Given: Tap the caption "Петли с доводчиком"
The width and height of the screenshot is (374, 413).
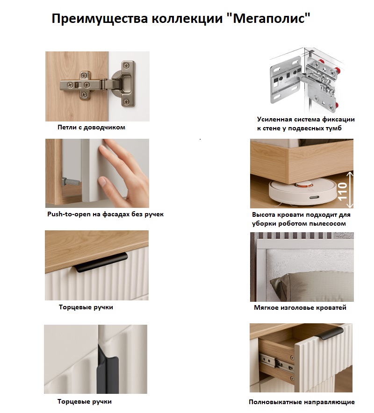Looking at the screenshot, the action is [x=92, y=128].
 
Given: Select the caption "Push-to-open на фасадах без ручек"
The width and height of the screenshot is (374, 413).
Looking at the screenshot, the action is [x=106, y=214].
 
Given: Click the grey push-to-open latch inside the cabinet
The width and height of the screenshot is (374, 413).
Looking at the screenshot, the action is [x=69, y=182].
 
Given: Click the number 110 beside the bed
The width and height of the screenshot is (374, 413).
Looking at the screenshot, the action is [x=342, y=192].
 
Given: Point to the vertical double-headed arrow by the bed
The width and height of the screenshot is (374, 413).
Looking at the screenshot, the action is [x=350, y=190].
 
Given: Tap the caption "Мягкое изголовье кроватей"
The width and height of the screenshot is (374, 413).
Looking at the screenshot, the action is [x=300, y=307].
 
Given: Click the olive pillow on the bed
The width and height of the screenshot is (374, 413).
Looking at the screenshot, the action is [x=311, y=286].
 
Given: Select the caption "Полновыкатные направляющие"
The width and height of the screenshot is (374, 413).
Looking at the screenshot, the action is [x=302, y=402].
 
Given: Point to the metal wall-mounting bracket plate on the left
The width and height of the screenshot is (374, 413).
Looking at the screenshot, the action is [x=286, y=80].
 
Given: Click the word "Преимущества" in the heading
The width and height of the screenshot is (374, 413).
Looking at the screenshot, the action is [x=100, y=19].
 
